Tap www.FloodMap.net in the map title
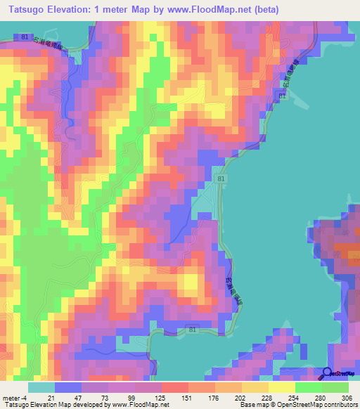(200, 10)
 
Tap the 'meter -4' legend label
(13, 398)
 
